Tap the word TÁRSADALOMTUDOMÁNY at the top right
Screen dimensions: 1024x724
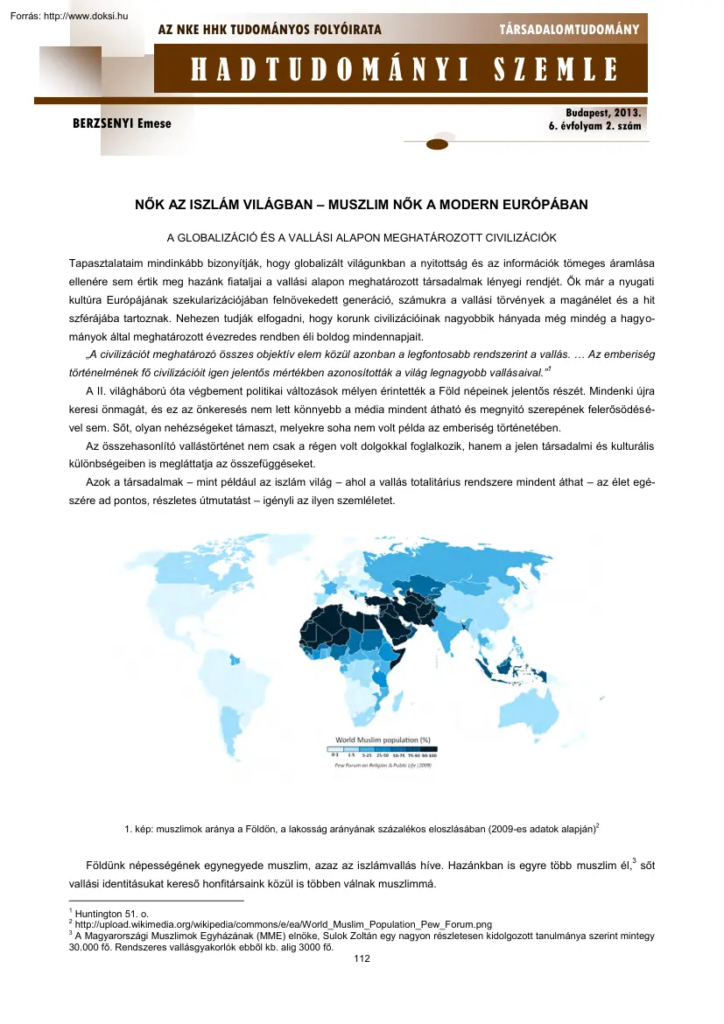(569, 30)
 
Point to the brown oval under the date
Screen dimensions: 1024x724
(437, 144)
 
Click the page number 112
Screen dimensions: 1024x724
(362, 959)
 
